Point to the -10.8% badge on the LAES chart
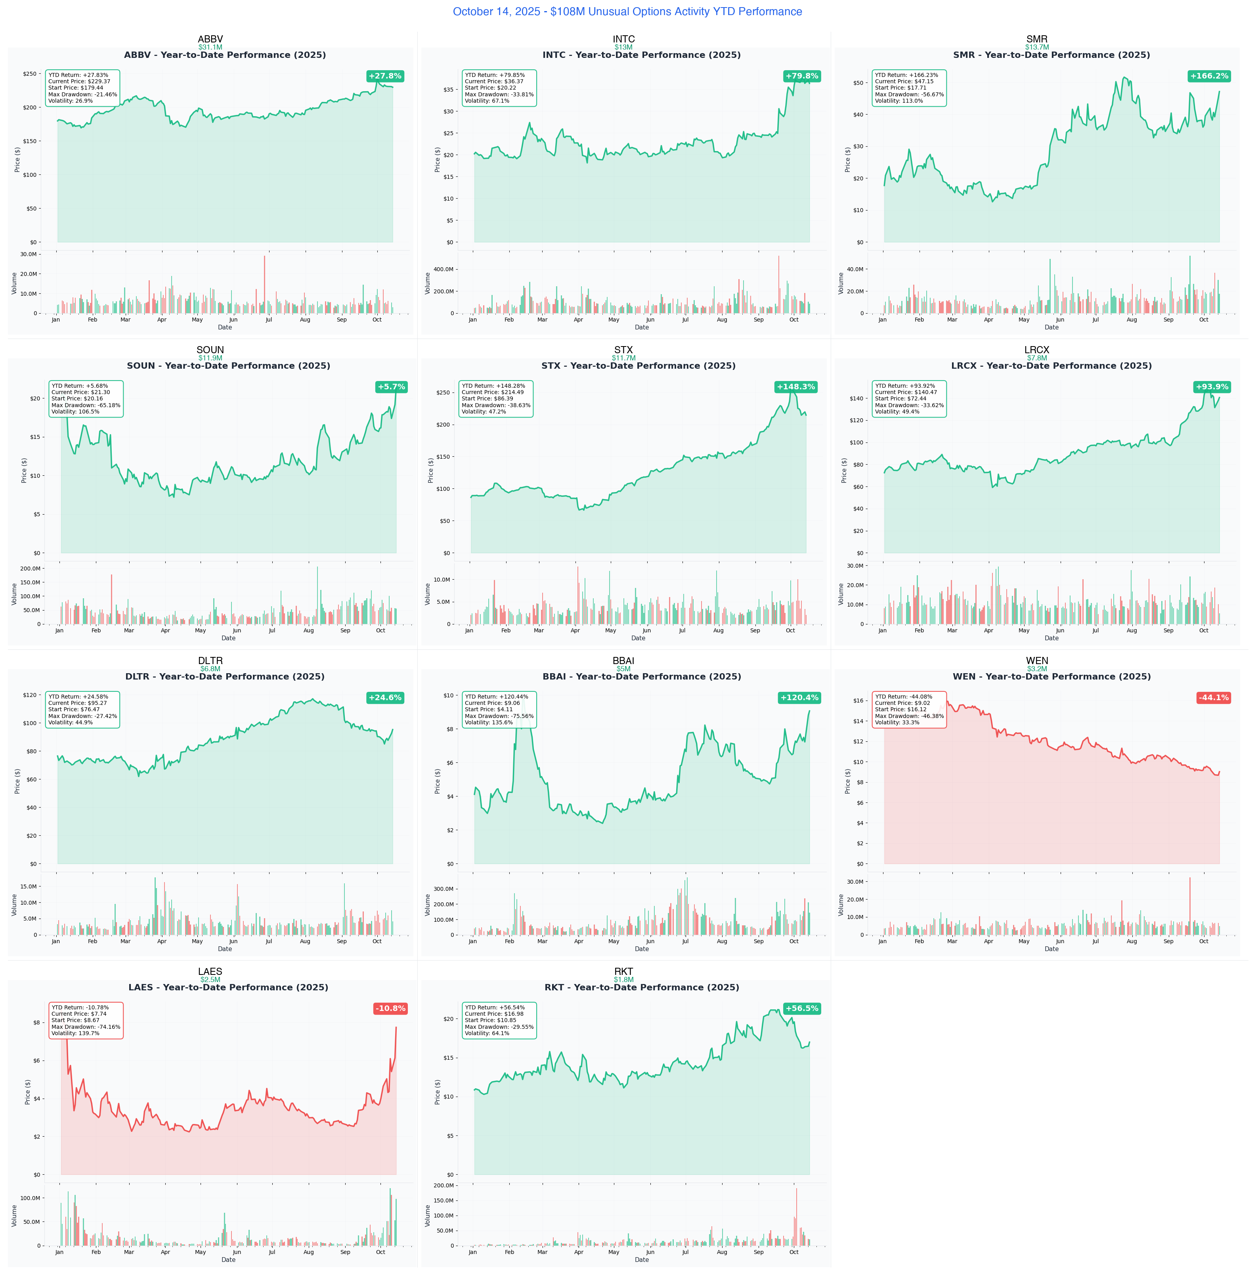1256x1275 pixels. tap(390, 1009)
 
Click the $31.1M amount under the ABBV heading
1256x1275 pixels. tap(210, 48)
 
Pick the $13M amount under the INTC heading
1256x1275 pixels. tap(623, 48)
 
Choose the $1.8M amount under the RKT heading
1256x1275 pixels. tap(623, 979)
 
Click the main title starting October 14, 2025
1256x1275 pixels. tap(627, 12)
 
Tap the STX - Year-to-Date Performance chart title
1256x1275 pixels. tap(638, 366)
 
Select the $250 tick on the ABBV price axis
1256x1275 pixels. tap(30, 74)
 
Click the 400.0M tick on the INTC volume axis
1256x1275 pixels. tap(443, 269)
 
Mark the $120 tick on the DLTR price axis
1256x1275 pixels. tap(30, 695)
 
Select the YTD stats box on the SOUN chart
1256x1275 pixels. tap(86, 398)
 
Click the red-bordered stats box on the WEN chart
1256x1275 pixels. tap(909, 709)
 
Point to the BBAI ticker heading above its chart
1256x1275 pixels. tap(623, 660)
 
